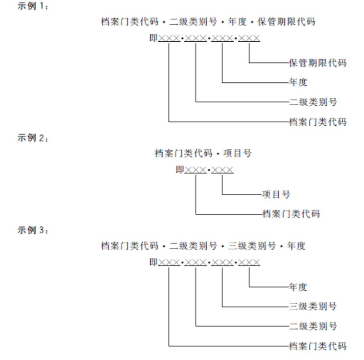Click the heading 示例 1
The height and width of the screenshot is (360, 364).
(x=33, y=6)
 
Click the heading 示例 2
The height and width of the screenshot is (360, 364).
(x=33, y=138)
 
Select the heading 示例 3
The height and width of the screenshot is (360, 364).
(x=33, y=230)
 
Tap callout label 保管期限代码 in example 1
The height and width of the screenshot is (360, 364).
(x=318, y=63)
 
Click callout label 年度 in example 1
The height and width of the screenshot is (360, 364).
(x=298, y=82)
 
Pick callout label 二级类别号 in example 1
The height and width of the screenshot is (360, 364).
(x=313, y=102)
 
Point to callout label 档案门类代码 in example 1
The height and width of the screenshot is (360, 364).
(x=318, y=122)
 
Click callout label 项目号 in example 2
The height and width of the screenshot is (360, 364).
(x=276, y=194)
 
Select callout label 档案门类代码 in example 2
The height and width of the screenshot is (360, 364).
(x=291, y=214)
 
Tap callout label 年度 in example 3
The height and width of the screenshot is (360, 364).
(x=298, y=287)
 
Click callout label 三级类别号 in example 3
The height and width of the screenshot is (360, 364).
(x=313, y=306)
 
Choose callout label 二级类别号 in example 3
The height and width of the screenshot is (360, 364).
(x=313, y=326)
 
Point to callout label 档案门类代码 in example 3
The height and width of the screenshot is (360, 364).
(x=318, y=346)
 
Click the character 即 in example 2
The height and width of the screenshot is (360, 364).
(x=180, y=170)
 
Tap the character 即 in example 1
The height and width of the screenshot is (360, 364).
(x=154, y=38)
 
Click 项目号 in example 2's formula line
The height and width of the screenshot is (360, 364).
(x=237, y=153)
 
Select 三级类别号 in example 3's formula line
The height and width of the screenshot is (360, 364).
(x=252, y=246)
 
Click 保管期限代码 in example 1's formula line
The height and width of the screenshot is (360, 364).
(x=286, y=22)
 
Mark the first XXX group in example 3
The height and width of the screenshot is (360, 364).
(x=169, y=262)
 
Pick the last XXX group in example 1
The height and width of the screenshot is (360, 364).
(x=249, y=38)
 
